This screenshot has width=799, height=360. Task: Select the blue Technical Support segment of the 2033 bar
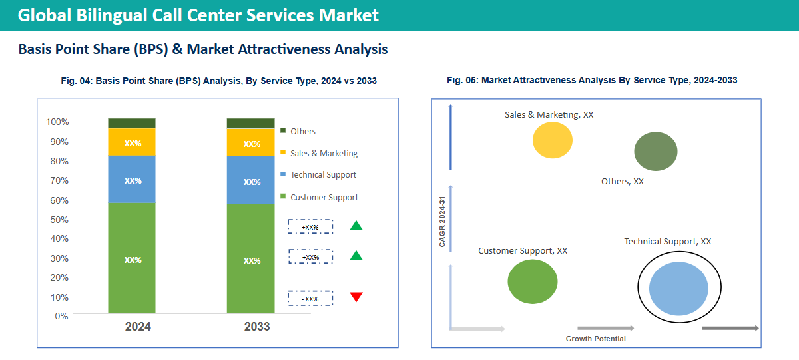(x=250, y=180)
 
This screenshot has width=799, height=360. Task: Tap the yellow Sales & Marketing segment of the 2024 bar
(x=132, y=142)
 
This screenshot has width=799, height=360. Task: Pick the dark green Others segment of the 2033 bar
(x=250, y=123)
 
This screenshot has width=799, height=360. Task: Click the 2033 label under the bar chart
(x=257, y=327)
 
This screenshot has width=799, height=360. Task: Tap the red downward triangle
(x=356, y=297)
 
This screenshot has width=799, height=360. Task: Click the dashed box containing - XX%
(x=310, y=299)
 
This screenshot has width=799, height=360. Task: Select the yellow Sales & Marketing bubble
(x=553, y=140)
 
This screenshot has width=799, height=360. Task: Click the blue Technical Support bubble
(x=678, y=288)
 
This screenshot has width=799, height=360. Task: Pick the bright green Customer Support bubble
(x=533, y=281)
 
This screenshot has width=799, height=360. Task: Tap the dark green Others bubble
(x=655, y=151)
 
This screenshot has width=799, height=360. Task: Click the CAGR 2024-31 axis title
(x=442, y=222)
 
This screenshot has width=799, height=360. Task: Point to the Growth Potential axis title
(x=595, y=339)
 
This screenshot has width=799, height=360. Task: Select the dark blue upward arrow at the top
(x=451, y=137)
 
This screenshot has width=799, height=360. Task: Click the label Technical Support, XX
(x=667, y=242)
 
